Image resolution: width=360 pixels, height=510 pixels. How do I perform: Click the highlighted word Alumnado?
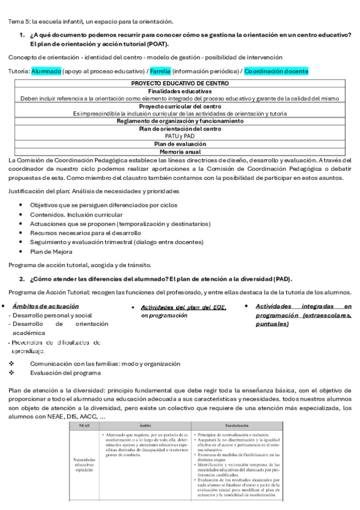point(46,70)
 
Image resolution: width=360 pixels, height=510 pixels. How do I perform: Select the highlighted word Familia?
point(160,70)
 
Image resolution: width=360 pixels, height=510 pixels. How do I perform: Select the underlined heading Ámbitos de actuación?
point(41,306)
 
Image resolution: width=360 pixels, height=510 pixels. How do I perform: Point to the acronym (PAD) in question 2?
point(281,279)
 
